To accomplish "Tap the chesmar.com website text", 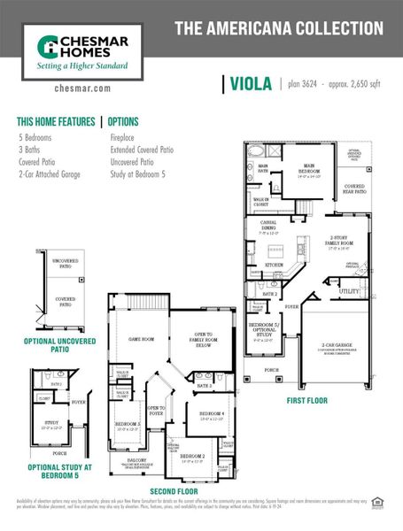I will click(x=81, y=88).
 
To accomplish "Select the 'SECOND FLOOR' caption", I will click(x=175, y=490).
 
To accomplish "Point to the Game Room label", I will click(x=142, y=339).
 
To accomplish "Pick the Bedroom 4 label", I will click(x=212, y=414).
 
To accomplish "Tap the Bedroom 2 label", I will click(x=192, y=457).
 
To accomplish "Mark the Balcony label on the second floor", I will click(x=138, y=461).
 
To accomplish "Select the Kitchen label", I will click(x=275, y=264).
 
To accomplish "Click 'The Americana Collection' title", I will click(x=278, y=28).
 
